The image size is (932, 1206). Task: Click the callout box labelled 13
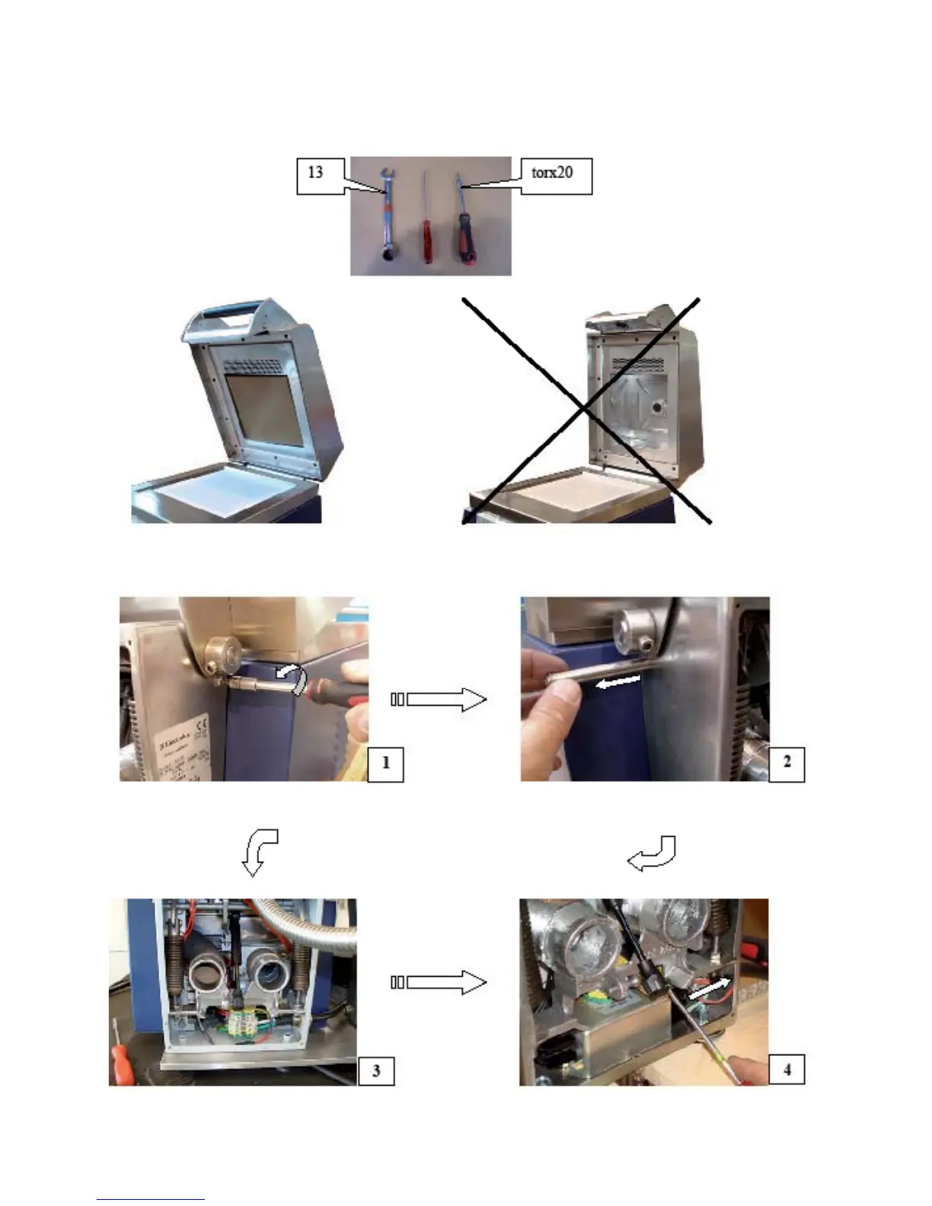(315, 174)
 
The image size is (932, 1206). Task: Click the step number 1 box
(385, 763)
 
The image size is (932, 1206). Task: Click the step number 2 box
(787, 762)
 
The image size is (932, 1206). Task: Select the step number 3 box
(376, 1070)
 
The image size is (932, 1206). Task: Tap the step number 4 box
(787, 1070)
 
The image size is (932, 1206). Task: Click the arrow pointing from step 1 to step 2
(440, 699)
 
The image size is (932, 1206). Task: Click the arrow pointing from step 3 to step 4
(440, 982)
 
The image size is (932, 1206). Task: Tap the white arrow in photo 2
(618, 682)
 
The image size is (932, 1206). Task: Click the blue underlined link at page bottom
(151, 1198)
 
